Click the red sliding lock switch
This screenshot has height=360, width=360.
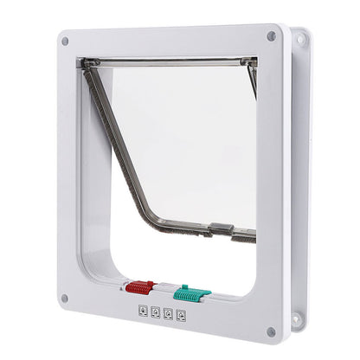pos(139,286)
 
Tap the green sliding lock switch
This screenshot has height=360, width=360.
pos(191,293)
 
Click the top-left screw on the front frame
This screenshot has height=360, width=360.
pos(65,40)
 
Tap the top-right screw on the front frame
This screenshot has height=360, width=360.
pos(271,36)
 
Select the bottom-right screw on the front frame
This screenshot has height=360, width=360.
pos(271,331)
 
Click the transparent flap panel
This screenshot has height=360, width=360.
pos(186,138)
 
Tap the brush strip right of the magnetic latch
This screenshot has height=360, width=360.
pos(244,235)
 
